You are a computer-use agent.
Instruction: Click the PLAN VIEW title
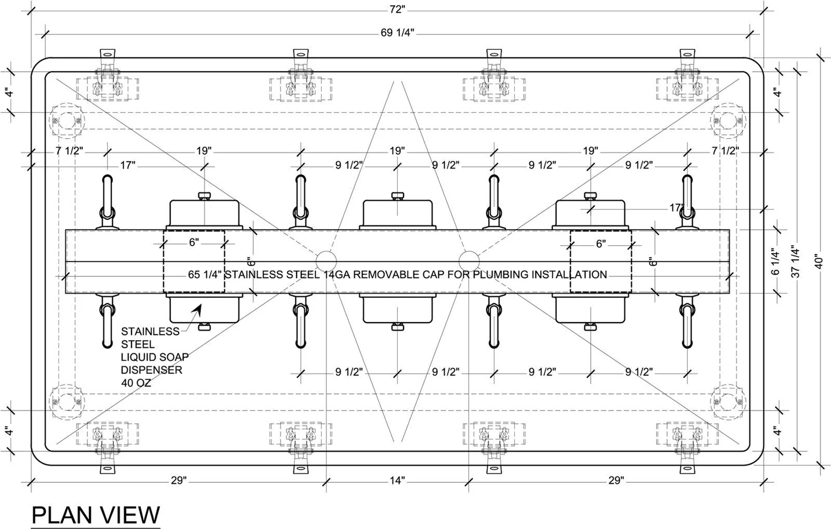click(x=96, y=515)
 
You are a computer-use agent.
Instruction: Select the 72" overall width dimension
click(x=397, y=9)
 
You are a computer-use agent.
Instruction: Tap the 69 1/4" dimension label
click(x=397, y=33)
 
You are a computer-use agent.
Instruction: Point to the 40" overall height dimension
click(x=819, y=261)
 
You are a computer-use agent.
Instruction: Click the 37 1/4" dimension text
click(x=795, y=261)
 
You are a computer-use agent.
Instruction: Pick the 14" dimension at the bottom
click(x=397, y=480)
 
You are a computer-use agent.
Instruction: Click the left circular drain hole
click(x=326, y=261)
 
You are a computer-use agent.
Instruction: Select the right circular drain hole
click(x=469, y=261)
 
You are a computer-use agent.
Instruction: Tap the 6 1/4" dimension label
click(x=775, y=261)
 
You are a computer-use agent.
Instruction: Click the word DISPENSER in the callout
click(x=152, y=370)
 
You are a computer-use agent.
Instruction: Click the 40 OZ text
click(x=136, y=383)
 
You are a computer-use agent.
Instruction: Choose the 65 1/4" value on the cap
click(x=205, y=274)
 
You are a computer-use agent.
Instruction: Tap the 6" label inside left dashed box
click(x=194, y=242)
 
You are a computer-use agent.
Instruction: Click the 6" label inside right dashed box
click(x=601, y=244)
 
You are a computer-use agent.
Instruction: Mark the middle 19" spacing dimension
click(x=397, y=151)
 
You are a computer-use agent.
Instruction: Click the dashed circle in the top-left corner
click(x=67, y=121)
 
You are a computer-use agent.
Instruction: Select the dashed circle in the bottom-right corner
click(x=728, y=402)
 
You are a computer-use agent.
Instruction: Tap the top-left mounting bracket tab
click(x=107, y=54)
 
